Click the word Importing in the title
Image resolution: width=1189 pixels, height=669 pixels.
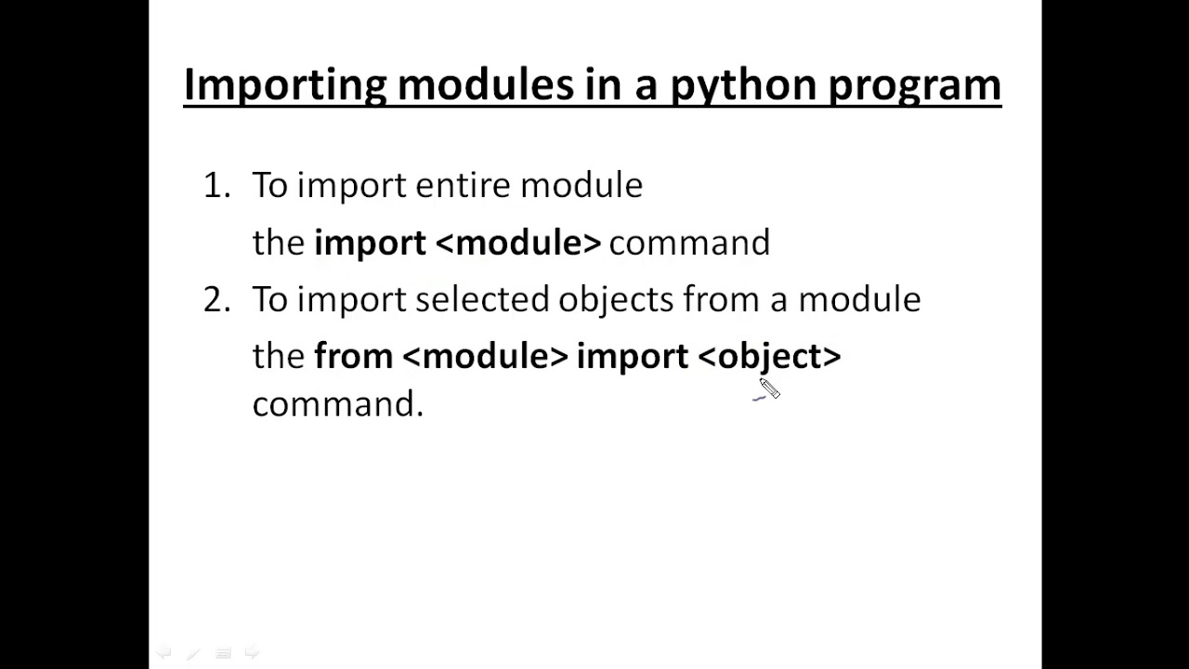pos(285,85)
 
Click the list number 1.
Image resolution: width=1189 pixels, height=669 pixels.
pos(216,186)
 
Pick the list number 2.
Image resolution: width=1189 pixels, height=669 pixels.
pos(216,299)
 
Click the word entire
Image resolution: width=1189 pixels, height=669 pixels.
pos(463,186)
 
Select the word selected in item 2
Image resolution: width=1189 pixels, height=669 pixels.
pos(482,299)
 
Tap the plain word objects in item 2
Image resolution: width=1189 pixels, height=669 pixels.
pos(615,299)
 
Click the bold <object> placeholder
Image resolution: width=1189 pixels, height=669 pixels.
pos(769,356)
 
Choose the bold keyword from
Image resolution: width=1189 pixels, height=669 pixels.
pos(353,356)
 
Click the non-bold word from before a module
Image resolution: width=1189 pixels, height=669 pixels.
pos(722,299)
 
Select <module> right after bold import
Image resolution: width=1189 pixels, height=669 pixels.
pos(518,243)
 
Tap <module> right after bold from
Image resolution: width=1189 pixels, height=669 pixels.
pos(485,356)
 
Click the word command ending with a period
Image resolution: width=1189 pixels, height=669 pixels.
pos(337,405)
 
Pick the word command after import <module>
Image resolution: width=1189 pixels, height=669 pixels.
pos(689,243)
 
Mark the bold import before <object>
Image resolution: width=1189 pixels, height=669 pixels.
pos(632,356)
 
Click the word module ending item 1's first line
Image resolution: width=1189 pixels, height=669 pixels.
pos(581,186)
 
